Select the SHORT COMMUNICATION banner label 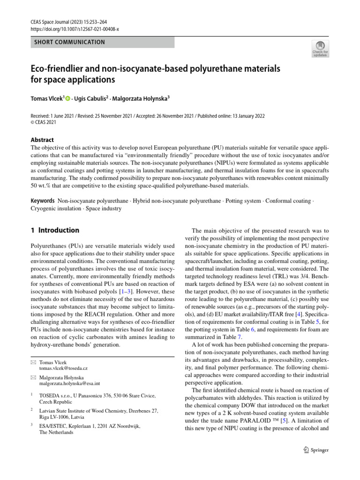69,42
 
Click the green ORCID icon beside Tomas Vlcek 68,99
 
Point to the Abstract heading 42,140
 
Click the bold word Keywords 43,201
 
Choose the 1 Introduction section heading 55,230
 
